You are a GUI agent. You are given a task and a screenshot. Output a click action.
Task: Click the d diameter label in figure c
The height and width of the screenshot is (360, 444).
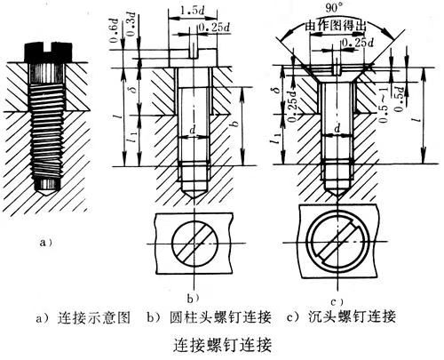pyautogui.click(x=340, y=130)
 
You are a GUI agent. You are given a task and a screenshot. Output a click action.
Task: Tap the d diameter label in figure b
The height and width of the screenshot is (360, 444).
pyautogui.click(x=192, y=130)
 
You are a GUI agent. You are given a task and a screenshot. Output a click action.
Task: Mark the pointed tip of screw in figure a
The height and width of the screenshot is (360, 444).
pyautogui.click(x=45, y=188)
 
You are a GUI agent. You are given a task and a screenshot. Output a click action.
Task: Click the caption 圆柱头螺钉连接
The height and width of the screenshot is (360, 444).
pyautogui.click(x=210, y=316)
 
